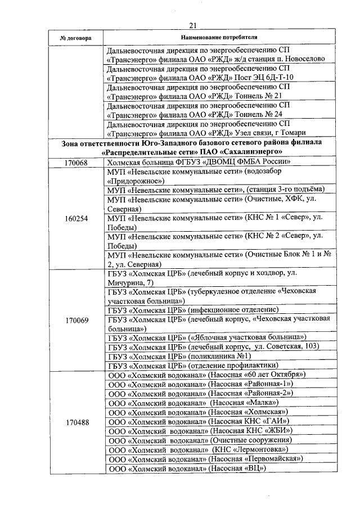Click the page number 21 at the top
(192, 25)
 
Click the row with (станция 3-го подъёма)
(216, 190)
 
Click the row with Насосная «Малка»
(193, 403)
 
